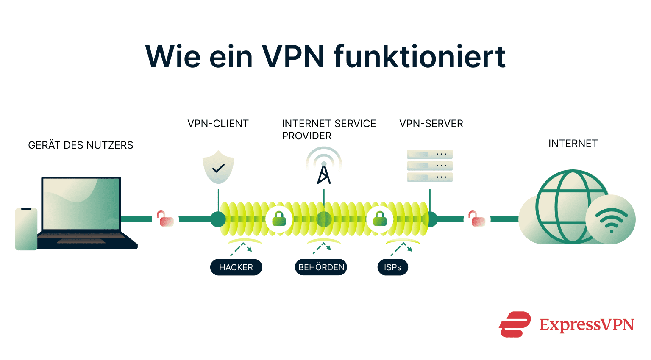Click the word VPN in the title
293,56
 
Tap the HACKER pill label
236,267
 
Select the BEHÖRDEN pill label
321,267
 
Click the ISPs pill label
392,267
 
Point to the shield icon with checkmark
218,167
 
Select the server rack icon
430,166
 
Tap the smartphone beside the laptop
26,229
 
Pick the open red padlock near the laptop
165,219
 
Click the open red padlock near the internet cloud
477,219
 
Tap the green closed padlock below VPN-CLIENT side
279,219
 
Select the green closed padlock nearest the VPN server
380,219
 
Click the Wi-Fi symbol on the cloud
611,220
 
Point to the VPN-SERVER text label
431,124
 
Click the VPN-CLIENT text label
218,124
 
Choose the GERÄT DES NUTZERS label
81,145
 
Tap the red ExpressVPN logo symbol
515,324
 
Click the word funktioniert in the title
420,56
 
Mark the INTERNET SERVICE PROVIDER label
328,130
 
